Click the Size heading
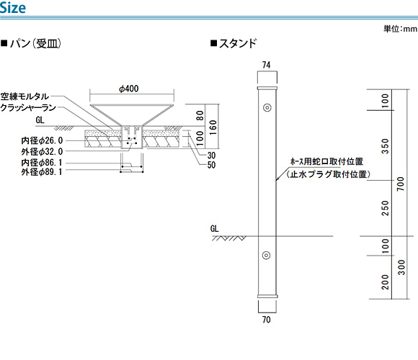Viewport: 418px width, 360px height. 13,7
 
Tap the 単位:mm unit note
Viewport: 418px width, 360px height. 400,29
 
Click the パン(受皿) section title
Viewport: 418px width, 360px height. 32,43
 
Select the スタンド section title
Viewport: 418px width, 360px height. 234,43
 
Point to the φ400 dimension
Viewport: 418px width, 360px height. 129,89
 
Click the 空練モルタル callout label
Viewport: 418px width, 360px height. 25,96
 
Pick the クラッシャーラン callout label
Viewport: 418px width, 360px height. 28,107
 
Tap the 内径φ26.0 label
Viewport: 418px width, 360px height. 42,140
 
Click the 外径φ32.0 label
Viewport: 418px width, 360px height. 42,151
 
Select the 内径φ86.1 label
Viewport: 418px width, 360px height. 42,163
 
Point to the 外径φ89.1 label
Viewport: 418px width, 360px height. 42,172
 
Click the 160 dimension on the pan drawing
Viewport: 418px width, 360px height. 213,127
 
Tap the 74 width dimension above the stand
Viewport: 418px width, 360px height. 267,65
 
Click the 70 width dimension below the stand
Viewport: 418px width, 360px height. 267,319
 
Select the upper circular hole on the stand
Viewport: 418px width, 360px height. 267,107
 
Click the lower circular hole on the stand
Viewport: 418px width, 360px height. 266,255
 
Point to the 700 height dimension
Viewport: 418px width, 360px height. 401,184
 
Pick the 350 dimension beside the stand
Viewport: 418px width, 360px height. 386,146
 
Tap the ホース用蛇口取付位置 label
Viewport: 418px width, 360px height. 326,161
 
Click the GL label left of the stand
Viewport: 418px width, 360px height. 214,228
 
